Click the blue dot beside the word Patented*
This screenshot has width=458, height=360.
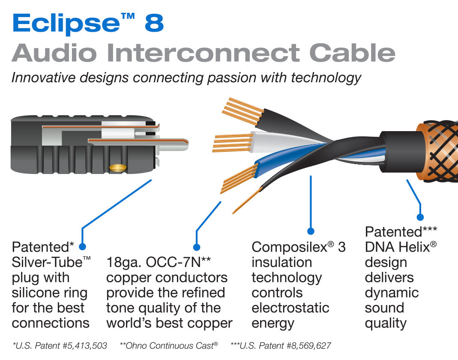pos(83,247)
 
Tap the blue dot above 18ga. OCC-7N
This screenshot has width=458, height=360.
pos(197,247)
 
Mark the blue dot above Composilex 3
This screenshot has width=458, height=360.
pos(311,231)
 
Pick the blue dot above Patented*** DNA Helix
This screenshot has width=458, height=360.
pos(420,217)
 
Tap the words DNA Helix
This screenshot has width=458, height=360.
pos(396,247)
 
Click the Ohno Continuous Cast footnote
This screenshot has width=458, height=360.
pos(169,345)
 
